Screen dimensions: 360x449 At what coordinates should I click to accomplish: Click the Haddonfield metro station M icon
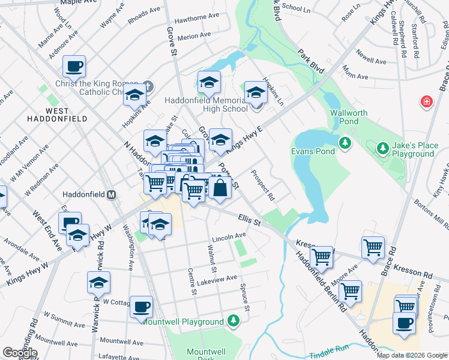111,194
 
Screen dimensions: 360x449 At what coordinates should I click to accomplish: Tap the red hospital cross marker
427,102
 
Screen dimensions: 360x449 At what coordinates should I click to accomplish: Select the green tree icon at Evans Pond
345,142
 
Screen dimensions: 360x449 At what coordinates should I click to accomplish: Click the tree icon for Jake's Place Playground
382,147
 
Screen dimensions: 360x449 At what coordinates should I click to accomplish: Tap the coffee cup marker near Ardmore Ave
74,67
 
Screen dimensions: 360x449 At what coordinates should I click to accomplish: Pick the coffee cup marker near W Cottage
142,307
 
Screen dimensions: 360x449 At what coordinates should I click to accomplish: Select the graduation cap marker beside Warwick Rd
99,283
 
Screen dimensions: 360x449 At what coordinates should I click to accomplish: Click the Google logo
20,352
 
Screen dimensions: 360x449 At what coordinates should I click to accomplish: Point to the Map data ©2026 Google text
412,355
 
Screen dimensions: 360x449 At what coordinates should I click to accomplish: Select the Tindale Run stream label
329,352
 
